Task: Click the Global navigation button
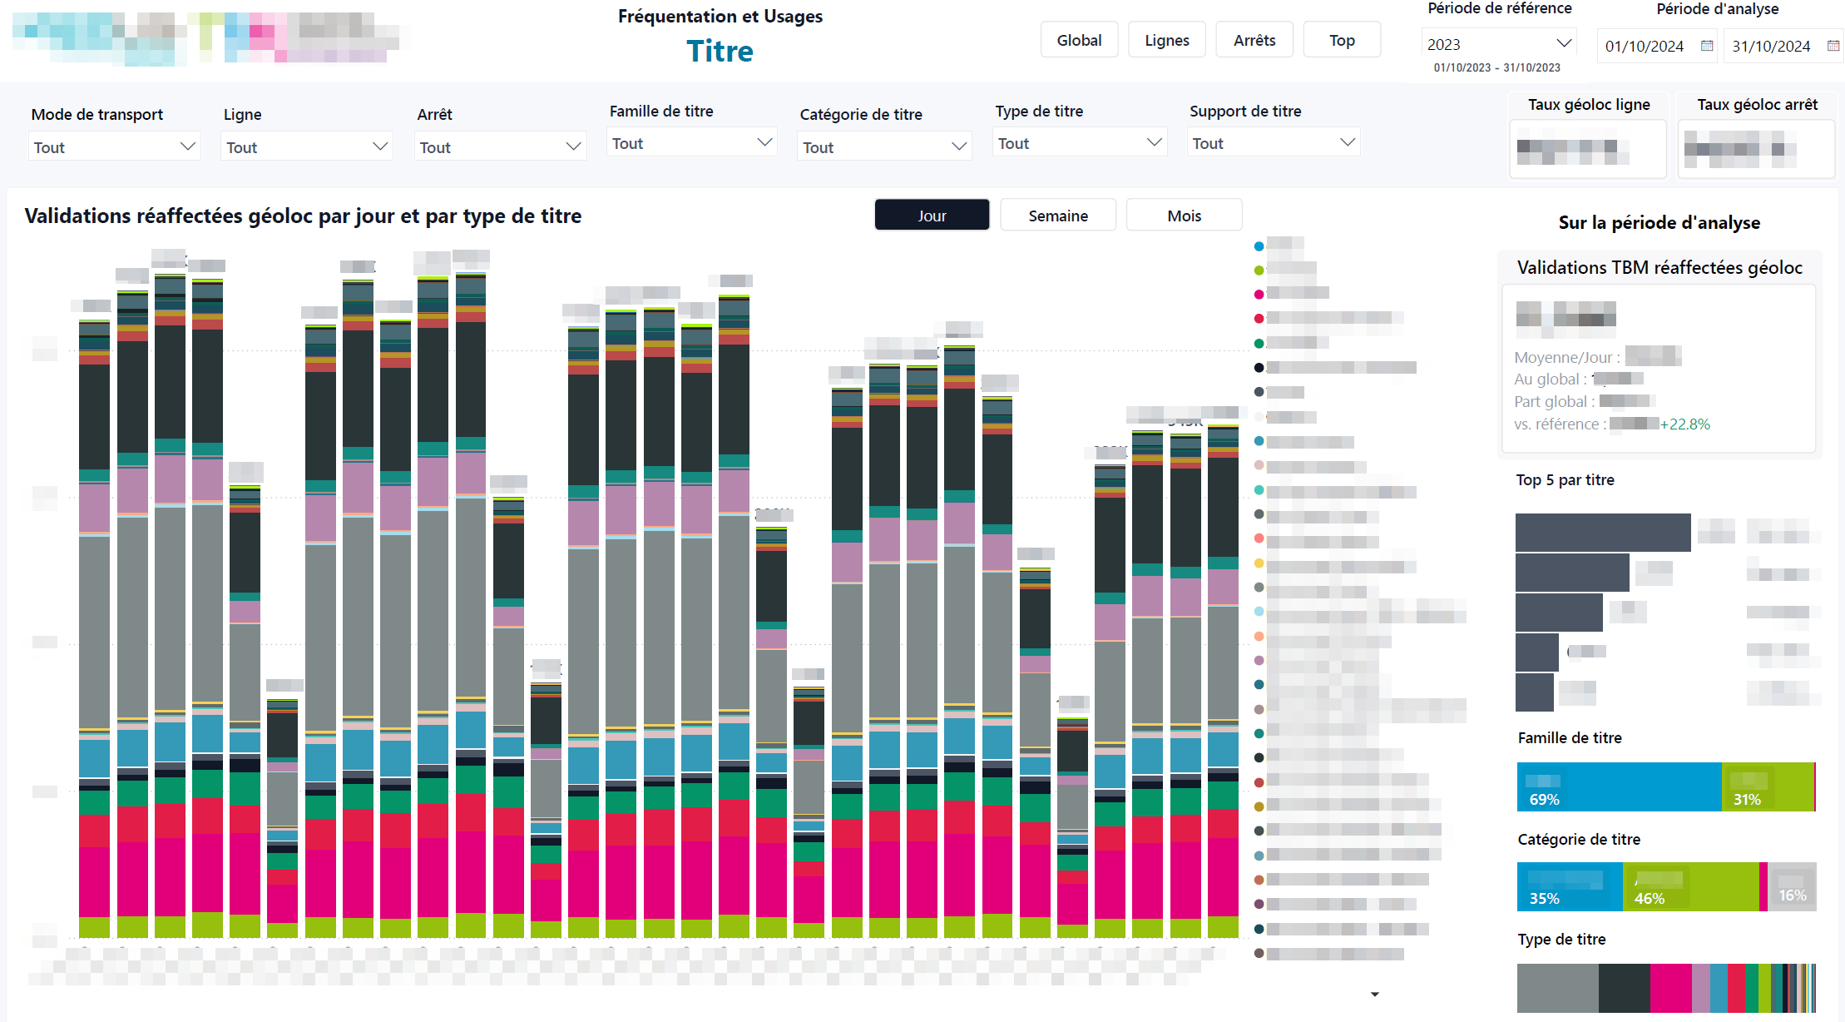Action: point(1079,40)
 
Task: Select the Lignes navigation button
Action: point(1166,40)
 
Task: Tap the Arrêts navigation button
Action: point(1254,40)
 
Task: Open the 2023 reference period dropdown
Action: point(1498,44)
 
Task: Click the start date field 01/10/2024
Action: point(1645,47)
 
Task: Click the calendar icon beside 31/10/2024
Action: point(1833,46)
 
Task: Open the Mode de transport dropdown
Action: point(114,147)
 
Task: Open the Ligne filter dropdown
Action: point(307,147)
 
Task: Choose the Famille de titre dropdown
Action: point(691,143)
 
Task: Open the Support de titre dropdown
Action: point(1274,143)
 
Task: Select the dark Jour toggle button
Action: point(932,216)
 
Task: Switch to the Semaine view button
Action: point(1057,216)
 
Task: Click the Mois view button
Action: point(1184,216)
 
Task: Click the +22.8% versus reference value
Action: point(1684,424)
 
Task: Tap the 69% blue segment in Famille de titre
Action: point(1618,786)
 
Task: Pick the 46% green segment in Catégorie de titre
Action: point(1689,887)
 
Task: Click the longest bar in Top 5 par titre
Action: point(1602,533)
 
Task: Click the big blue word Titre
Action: point(720,52)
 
